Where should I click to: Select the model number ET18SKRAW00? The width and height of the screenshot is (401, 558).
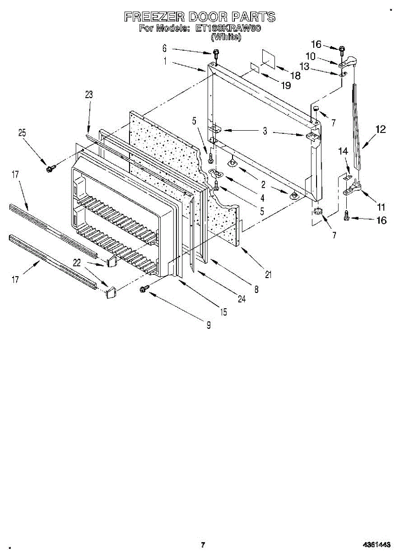pos(228,28)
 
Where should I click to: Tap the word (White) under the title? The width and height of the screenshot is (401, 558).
pos(226,37)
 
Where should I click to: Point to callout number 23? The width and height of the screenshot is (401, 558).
pos(89,94)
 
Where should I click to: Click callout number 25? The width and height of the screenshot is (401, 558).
pos(22,133)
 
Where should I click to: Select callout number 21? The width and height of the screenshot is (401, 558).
pos(268,274)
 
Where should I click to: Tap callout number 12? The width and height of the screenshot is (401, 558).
pos(381,130)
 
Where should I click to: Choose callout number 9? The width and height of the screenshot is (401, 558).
pos(208,325)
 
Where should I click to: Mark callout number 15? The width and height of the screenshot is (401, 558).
pos(224,312)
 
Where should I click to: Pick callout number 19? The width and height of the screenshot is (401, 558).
pos(285,85)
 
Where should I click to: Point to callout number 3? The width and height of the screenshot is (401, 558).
pos(265,131)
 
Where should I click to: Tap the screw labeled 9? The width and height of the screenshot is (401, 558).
pos(144,290)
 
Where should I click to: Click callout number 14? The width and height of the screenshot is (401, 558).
pos(343,151)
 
